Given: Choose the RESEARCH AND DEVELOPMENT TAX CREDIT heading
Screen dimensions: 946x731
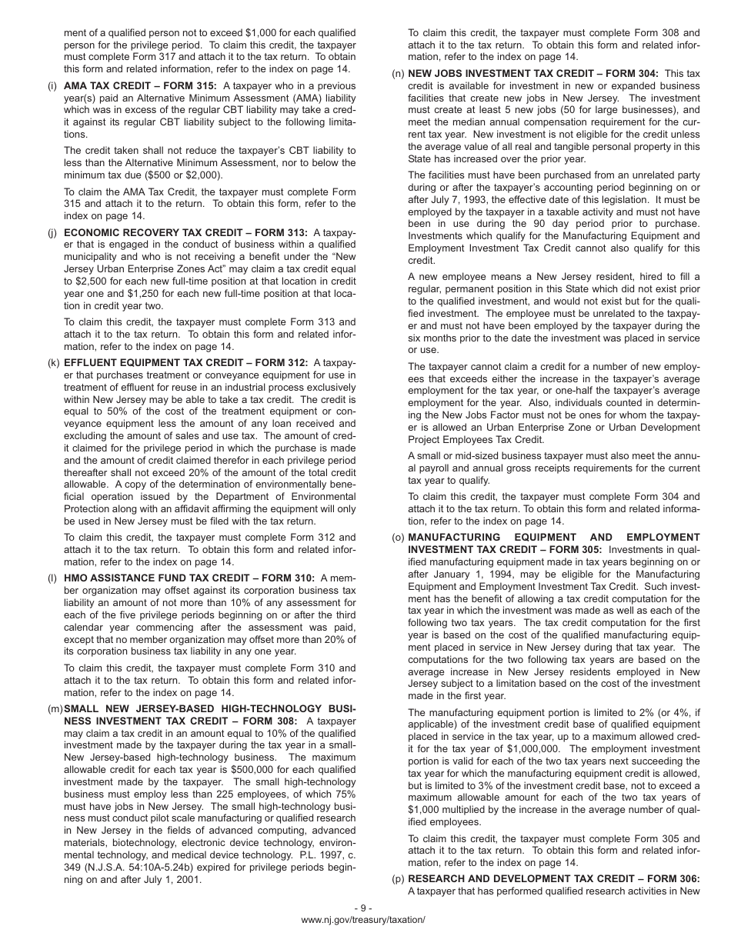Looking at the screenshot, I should point(553,879).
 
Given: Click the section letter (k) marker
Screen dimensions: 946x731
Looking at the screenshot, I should point(53,363).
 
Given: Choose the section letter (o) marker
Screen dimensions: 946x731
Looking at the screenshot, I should point(398,537).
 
